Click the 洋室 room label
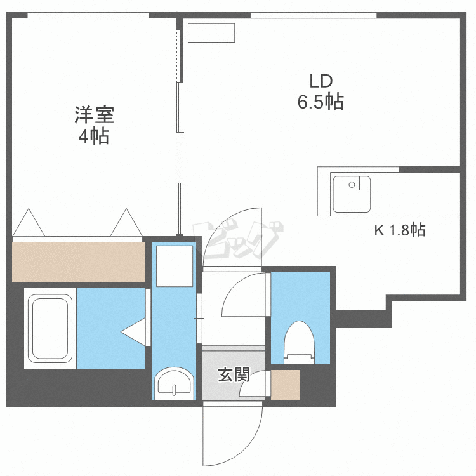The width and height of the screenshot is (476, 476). coord(94,116)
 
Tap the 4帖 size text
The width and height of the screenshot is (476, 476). coord(93,136)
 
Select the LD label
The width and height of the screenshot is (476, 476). coord(321,81)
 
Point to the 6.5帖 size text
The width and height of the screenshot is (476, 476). coord(321,102)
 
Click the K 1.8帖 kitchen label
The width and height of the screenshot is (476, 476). coord(399,230)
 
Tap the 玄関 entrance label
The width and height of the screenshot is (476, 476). coord(233,375)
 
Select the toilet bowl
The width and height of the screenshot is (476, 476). coord(300,340)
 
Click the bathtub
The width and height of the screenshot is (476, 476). coord(50,327)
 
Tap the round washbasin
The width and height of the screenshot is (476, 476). coord(173,383)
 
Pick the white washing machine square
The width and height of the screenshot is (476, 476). coord(173,267)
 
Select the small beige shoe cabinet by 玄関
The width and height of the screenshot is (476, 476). coord(285,385)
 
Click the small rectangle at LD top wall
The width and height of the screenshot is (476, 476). coord(211,33)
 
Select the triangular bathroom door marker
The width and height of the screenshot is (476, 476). coord(135,331)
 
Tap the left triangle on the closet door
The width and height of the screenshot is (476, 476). coord(29,223)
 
